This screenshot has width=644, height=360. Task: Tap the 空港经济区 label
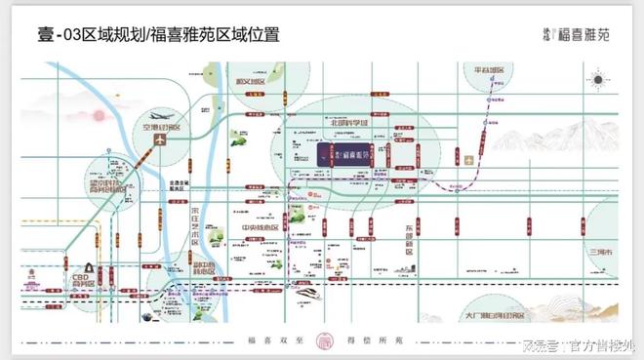pyautogui.click(x=160, y=128)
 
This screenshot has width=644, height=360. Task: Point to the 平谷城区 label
pyautogui.click(x=490, y=71)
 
